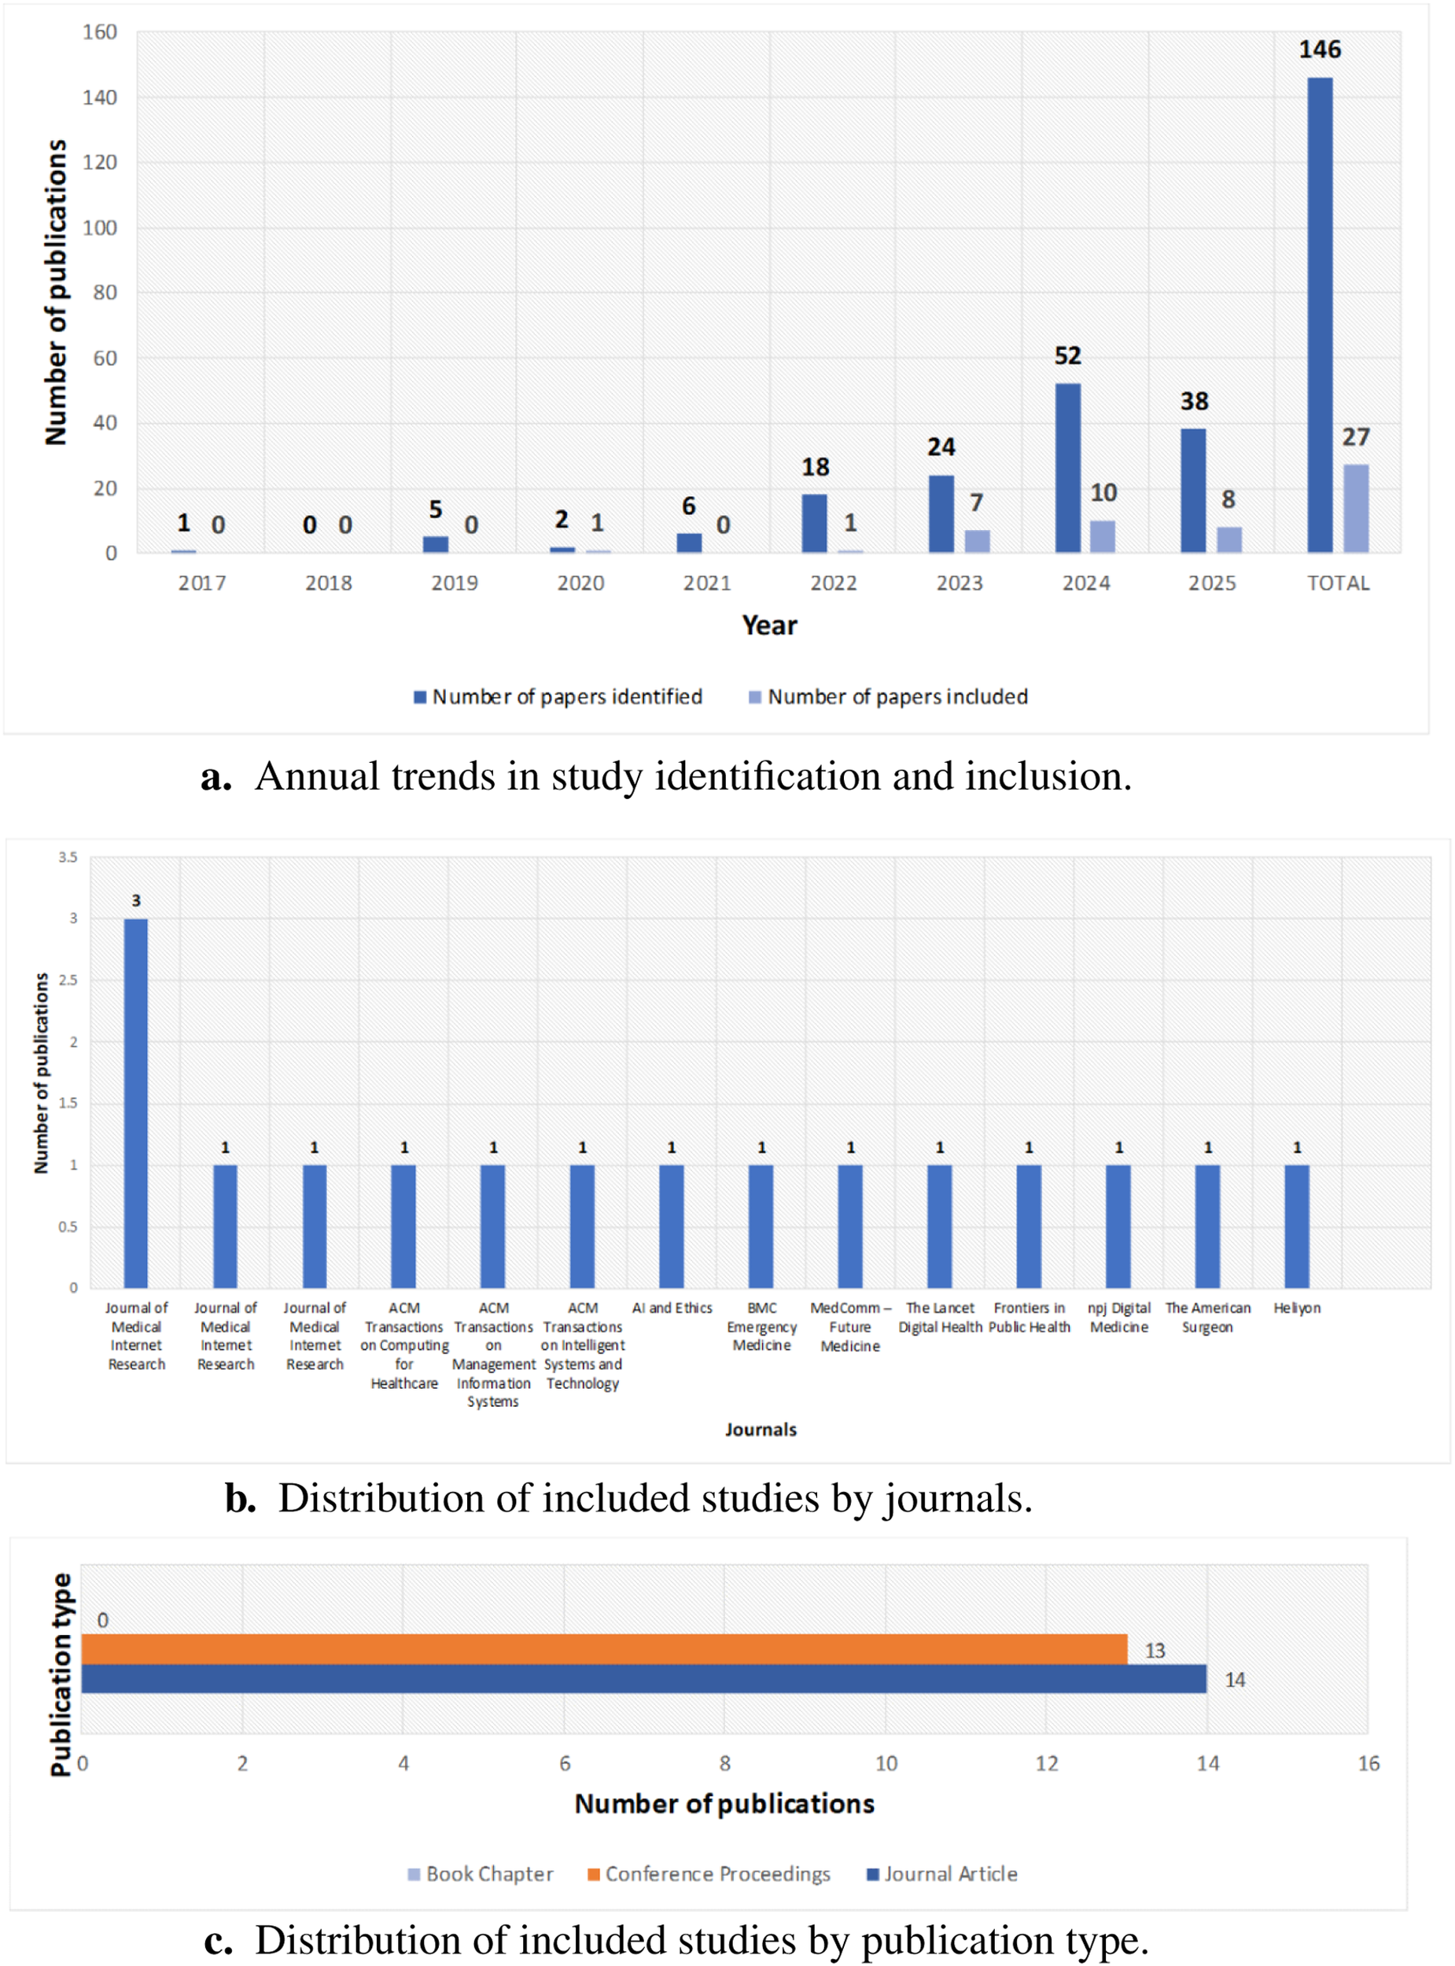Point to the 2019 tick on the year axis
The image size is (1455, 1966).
(455, 583)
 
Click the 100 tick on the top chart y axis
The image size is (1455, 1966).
(100, 228)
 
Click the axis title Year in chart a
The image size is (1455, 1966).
(769, 625)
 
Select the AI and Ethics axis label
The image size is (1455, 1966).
(672, 1309)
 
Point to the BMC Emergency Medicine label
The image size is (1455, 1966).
(761, 1327)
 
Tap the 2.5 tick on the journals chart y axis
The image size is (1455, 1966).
(68, 980)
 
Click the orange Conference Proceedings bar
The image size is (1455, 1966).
(603, 1649)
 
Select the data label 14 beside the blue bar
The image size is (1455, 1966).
(1235, 1680)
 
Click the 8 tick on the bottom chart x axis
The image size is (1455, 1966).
(725, 1763)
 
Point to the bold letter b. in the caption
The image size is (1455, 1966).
(241, 1499)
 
